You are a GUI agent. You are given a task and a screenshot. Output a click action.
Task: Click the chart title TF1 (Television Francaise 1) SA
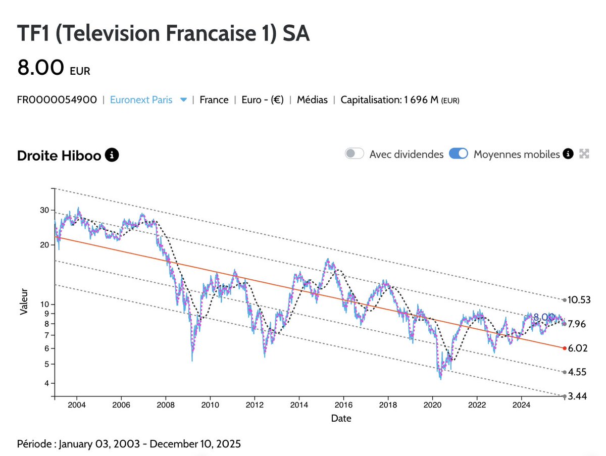click(163, 34)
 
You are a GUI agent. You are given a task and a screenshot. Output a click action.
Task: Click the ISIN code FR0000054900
click(57, 100)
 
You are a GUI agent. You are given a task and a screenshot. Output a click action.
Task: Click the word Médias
click(312, 100)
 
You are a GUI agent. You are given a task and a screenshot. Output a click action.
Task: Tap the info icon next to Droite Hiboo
click(112, 155)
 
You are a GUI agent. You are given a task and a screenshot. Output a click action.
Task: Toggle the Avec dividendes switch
click(355, 154)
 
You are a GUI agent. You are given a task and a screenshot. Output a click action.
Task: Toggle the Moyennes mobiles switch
click(459, 154)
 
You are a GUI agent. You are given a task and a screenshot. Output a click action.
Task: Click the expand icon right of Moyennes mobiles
click(584, 154)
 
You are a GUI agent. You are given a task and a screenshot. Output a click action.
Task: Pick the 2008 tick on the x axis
click(166, 405)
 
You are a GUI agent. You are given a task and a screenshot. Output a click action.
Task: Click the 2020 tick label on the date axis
click(432, 405)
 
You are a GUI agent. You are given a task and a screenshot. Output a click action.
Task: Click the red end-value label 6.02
click(577, 348)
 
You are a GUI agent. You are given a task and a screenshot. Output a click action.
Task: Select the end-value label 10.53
click(579, 300)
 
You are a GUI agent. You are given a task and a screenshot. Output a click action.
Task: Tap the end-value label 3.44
click(577, 396)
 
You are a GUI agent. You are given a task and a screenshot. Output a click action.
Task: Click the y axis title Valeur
click(24, 302)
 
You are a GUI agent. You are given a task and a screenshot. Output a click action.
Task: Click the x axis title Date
click(341, 418)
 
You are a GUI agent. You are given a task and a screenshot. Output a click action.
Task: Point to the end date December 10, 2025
click(195, 444)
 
